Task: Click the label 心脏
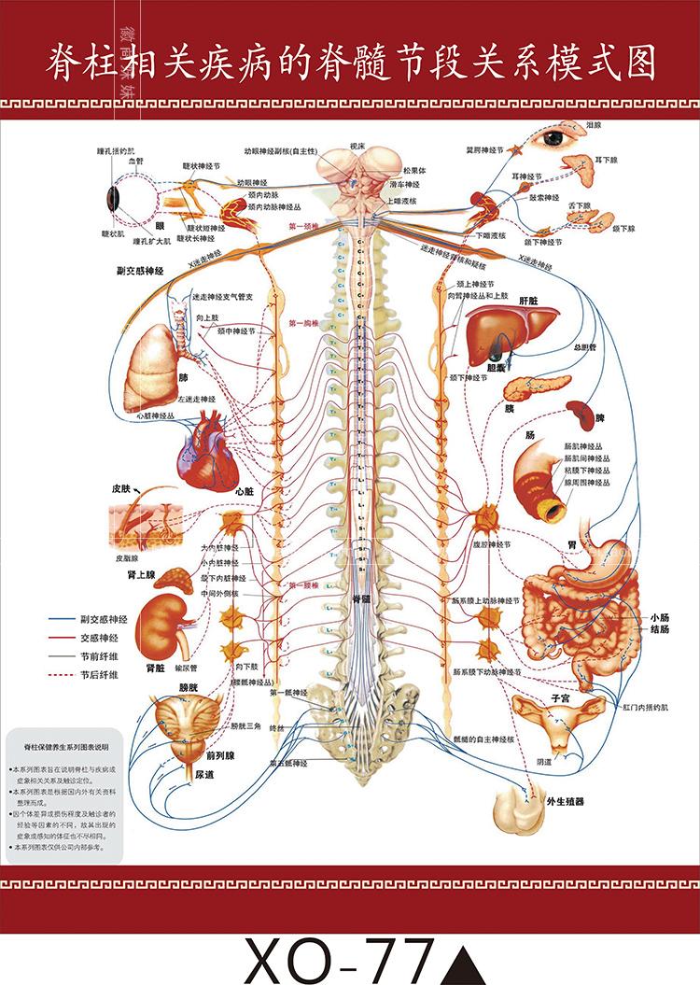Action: coord(245,490)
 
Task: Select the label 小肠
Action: coord(659,617)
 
